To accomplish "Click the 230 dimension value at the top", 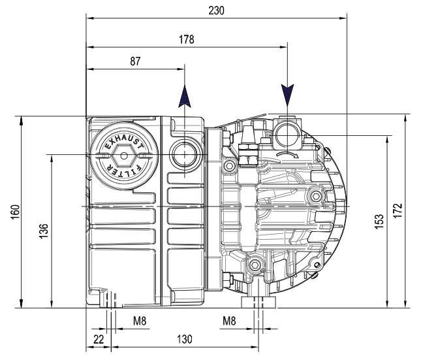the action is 216,10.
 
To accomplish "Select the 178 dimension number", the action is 187,39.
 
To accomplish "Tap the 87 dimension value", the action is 135,61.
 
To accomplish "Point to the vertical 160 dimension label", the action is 16,212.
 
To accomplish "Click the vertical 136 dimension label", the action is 44,231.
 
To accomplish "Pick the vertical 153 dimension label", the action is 379,221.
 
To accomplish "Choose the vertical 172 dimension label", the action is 398,210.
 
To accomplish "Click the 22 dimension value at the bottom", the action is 99,339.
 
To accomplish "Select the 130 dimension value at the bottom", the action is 185,339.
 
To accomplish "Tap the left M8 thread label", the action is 140,321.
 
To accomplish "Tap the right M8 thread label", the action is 229,321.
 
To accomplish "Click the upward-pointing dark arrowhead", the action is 185,97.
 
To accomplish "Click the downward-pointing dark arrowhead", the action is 287,95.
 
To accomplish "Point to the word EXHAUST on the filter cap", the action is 123,142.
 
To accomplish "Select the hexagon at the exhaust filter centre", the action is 124,155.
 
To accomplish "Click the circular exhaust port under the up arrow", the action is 185,154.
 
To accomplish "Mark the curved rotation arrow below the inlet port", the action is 287,154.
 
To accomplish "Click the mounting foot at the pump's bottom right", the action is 258,303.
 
